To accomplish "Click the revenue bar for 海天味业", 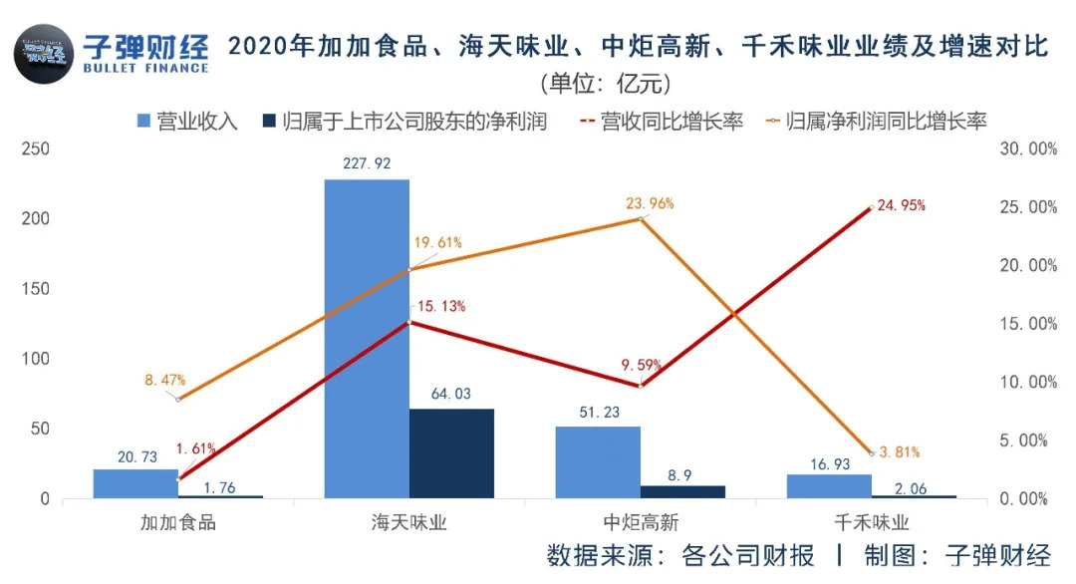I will tap(367, 339).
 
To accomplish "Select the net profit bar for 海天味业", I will tap(451, 453).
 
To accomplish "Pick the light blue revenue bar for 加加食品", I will tap(135, 483).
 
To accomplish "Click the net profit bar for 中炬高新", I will tap(682, 492).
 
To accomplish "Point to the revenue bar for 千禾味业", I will tap(829, 486).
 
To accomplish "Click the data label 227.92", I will tap(367, 163).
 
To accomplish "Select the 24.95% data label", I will tap(903, 206).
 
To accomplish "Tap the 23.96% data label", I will tap(650, 203).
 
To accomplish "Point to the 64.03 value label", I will tap(450, 394).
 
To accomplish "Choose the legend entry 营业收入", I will tap(186, 123).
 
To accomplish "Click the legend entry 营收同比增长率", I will tap(662, 123).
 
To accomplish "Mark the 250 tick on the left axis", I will tap(37, 149).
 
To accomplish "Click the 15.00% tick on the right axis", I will tap(1027, 324).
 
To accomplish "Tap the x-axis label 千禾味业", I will tap(872, 522).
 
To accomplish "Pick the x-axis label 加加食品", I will tap(179, 522).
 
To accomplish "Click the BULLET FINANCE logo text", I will tap(146, 68).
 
